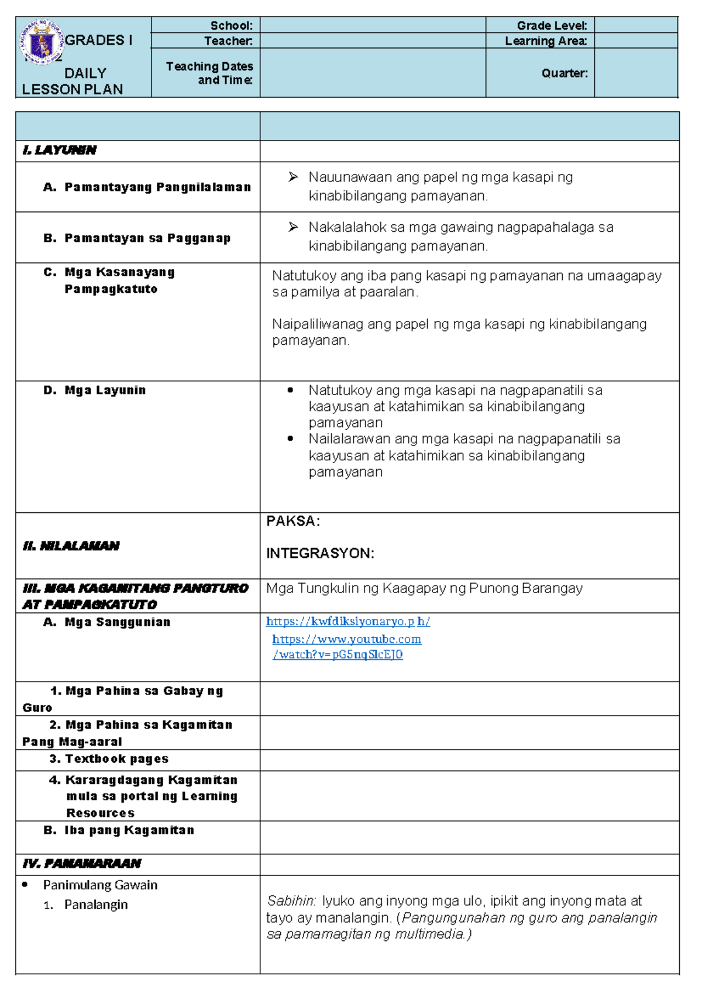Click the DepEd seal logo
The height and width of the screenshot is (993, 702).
coord(42,43)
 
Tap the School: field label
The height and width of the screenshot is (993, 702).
coord(231,25)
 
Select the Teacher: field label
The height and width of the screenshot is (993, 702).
coord(228,40)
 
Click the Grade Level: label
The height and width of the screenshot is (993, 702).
coord(551,25)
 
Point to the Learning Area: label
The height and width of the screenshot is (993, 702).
coord(545,40)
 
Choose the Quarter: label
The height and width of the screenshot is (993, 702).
coord(564,73)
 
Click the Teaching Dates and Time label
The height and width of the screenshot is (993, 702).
coord(209,73)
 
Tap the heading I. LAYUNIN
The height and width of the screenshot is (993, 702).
coord(59,150)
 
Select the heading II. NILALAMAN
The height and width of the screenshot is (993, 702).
coord(71,546)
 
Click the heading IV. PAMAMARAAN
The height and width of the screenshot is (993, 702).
coord(82,864)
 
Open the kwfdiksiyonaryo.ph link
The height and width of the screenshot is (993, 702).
coord(347,622)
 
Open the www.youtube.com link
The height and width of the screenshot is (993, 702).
coord(346,639)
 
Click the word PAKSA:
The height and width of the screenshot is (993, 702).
coord(293,521)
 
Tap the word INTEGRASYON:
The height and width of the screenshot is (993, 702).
coord(320,553)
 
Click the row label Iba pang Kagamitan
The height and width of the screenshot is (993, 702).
coord(129,830)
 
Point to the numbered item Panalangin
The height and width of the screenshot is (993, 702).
coord(96,905)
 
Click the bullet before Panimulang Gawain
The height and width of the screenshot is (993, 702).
coord(25,885)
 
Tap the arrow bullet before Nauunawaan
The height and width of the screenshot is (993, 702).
coord(293,177)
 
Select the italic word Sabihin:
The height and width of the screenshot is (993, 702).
coord(291,900)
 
